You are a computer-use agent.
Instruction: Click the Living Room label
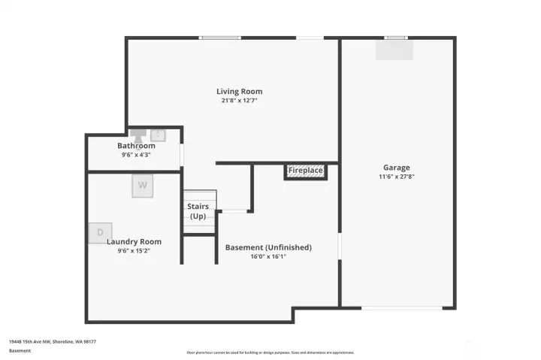point(239,92)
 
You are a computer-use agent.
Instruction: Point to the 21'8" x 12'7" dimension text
point(239,101)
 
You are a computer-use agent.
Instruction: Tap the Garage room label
point(396,168)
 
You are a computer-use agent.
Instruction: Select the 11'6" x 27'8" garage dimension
point(396,177)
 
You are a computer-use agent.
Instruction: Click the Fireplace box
point(306,171)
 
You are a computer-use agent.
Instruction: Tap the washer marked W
point(142,186)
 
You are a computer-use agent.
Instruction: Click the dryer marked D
point(100,233)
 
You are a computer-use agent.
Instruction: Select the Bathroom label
point(136,146)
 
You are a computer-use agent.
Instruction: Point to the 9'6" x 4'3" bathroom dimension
point(136,155)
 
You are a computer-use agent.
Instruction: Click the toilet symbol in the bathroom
point(138,135)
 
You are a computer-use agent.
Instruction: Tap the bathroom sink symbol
point(159,135)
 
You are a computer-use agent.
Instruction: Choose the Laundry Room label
point(134,242)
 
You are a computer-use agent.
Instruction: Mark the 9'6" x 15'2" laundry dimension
point(134,251)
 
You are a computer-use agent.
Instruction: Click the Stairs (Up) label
point(198,211)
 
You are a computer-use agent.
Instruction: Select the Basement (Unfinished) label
point(268,247)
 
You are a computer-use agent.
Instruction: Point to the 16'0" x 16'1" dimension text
point(268,256)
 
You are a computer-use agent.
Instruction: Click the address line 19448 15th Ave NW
point(53,341)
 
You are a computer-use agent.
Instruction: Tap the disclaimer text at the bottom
point(270,352)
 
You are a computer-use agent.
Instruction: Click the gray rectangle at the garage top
point(394,50)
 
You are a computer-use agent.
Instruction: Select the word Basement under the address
point(20,351)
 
